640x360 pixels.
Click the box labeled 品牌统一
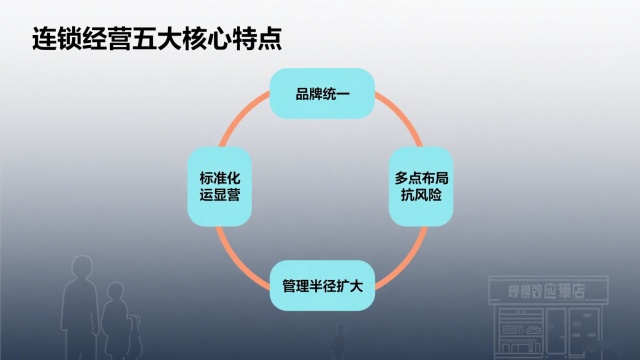coord(321,95)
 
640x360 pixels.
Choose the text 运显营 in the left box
coord(220,197)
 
